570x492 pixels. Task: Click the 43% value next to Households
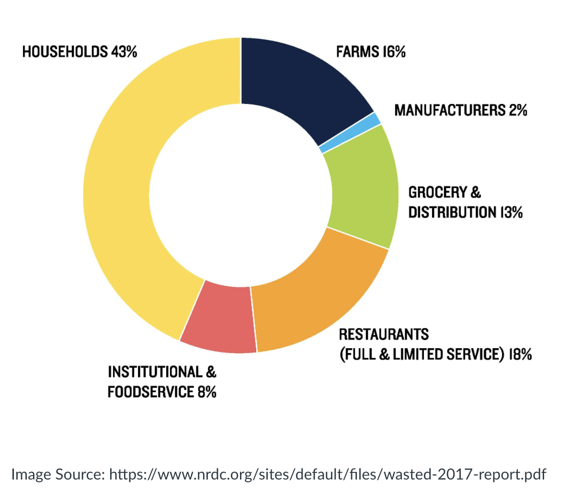point(124,51)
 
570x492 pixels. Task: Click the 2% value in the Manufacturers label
point(518,110)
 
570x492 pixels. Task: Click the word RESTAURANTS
point(384,334)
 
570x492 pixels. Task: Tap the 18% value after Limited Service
point(520,354)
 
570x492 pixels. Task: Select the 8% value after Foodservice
point(206,392)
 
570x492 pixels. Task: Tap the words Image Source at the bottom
point(57,475)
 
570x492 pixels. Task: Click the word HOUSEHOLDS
point(65,51)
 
